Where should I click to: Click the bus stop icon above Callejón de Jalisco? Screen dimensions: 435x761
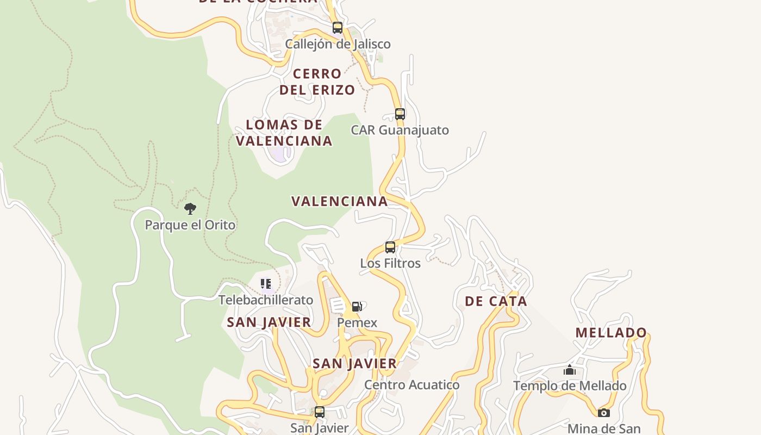[x=338, y=28]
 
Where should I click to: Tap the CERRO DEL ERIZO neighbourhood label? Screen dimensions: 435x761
[x=317, y=82]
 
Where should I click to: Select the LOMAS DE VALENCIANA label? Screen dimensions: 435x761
[x=284, y=133]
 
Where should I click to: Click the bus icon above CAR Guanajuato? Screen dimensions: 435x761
[x=400, y=114]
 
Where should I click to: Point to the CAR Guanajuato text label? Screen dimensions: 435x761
[x=400, y=130]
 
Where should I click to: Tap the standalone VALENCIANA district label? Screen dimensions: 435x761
[x=340, y=201]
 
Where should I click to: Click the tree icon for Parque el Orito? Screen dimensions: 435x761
[x=190, y=208]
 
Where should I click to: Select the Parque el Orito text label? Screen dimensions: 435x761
[x=190, y=225]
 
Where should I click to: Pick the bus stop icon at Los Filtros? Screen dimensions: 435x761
[x=390, y=247]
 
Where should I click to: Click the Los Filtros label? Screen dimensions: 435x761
[x=390, y=263]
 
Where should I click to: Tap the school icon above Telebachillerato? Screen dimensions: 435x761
[x=266, y=284]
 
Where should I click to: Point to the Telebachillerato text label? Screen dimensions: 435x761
[x=266, y=300]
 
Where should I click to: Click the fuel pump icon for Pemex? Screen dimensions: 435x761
[x=357, y=307]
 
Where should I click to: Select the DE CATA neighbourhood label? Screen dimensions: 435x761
[x=496, y=301]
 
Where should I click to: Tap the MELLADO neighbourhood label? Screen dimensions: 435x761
[x=612, y=332]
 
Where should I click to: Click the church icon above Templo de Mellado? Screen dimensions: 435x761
[x=570, y=370]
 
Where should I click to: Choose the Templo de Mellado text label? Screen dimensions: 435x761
[x=570, y=386]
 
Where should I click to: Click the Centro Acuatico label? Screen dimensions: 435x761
[x=411, y=385]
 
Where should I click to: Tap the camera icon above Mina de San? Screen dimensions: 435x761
[x=604, y=413]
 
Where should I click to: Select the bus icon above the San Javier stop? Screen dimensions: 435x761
[x=320, y=412]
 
